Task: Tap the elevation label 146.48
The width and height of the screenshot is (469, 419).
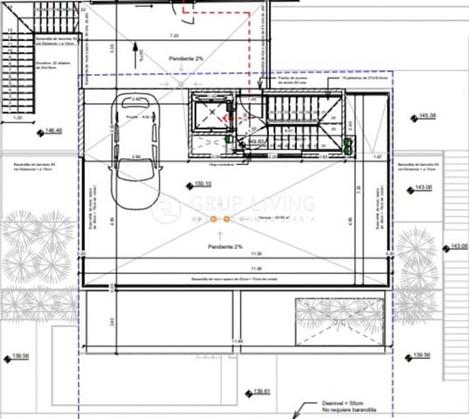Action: (x=53, y=131)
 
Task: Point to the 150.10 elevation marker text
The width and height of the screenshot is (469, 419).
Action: (x=203, y=184)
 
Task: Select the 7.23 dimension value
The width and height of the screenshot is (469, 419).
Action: (x=174, y=36)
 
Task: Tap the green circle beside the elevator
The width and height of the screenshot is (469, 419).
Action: (x=229, y=138)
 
